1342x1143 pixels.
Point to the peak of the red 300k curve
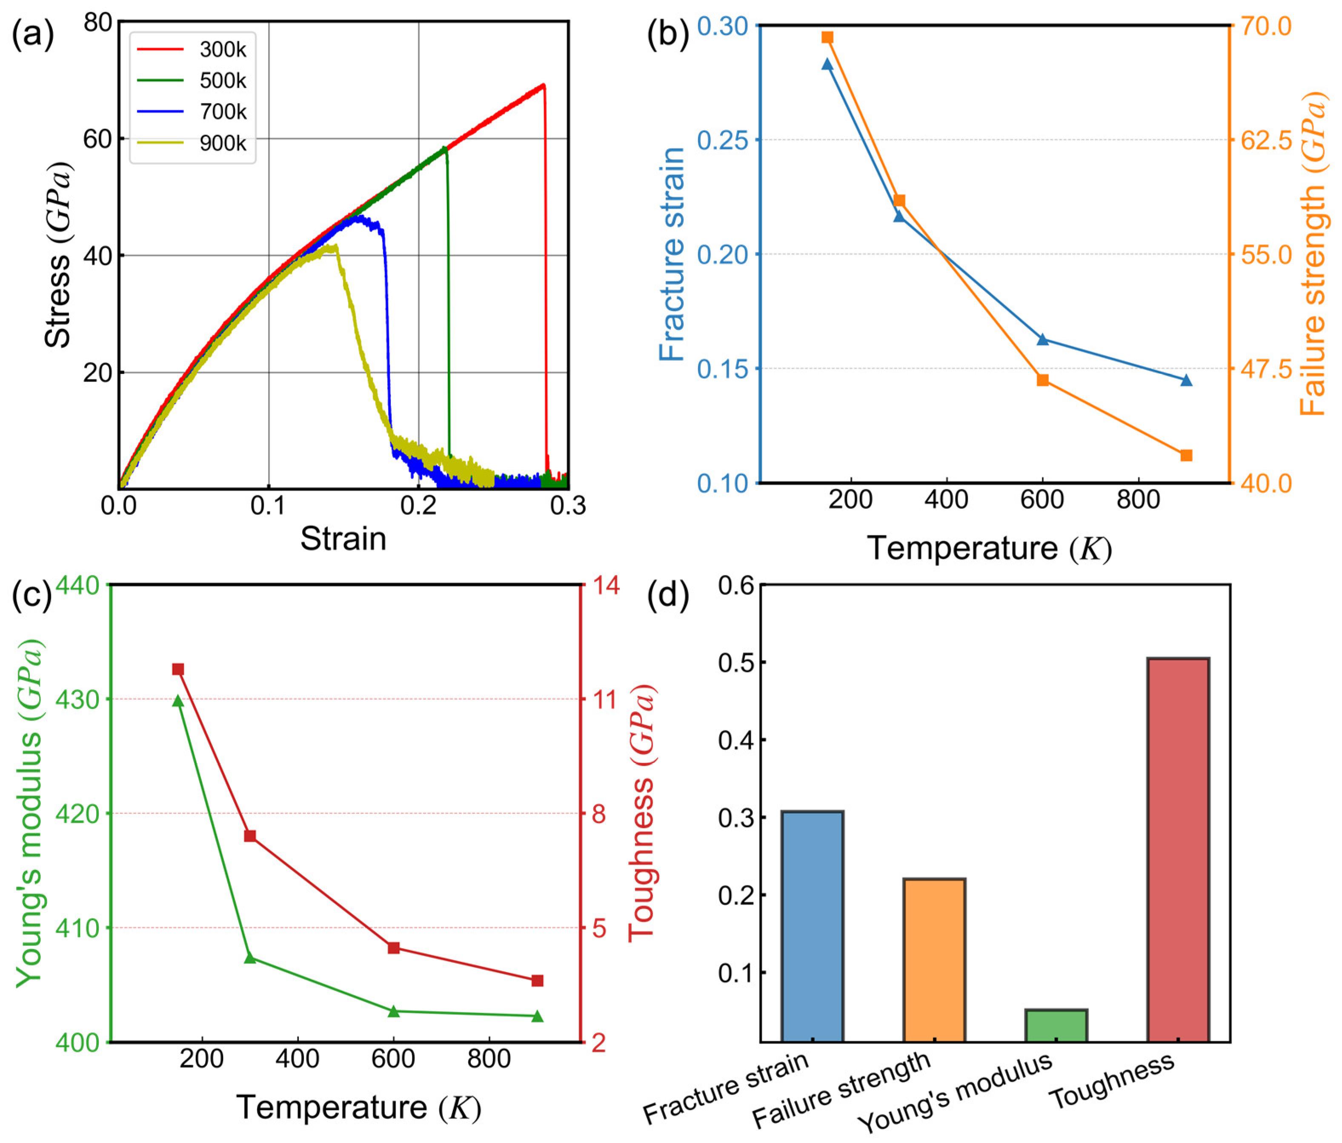(x=543, y=85)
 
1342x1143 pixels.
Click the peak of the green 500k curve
(x=444, y=148)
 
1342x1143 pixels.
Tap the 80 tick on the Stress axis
(x=98, y=22)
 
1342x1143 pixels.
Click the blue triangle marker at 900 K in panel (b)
(x=1186, y=380)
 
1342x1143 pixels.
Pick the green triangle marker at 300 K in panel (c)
(x=250, y=958)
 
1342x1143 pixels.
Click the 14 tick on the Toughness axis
(x=606, y=586)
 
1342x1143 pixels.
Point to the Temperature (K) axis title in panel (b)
(x=989, y=549)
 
